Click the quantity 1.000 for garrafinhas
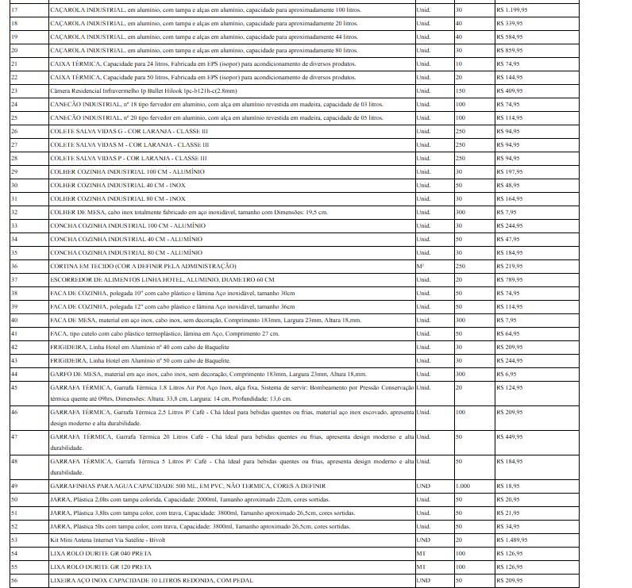[463, 485]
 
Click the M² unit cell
[420, 266]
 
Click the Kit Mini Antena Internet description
[108, 539]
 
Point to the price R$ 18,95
[507, 485]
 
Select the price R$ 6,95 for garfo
[506, 373]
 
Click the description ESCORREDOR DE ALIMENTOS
[162, 279]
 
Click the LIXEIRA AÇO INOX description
[152, 580]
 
